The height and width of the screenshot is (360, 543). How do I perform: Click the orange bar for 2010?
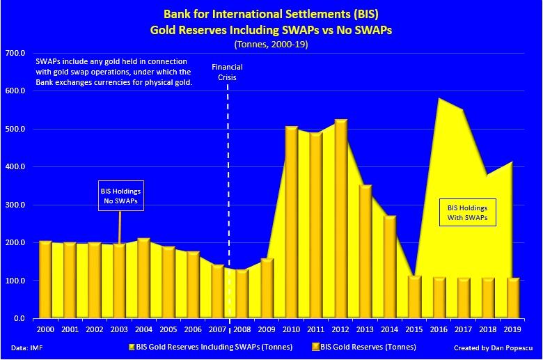click(x=291, y=223)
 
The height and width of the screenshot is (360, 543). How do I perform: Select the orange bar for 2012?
click(x=340, y=219)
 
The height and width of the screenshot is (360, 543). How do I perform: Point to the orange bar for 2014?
click(x=390, y=267)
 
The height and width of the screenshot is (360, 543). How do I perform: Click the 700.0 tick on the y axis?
click(x=15, y=54)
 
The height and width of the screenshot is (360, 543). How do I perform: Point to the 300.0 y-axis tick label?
click(x=15, y=205)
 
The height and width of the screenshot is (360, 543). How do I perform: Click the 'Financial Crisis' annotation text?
click(x=227, y=72)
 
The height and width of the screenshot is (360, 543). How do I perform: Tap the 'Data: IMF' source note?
click(x=24, y=346)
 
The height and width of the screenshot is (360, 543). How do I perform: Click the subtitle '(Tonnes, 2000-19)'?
click(x=271, y=44)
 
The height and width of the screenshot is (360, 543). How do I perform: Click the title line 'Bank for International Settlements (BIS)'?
click(x=271, y=13)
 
